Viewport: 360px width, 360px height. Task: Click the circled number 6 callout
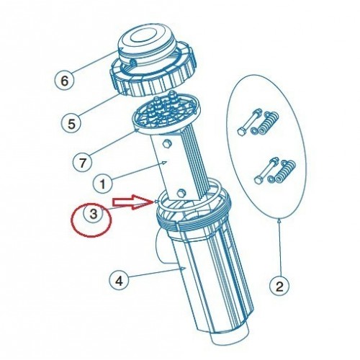[64, 81]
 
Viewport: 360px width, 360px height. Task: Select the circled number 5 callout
[71, 124]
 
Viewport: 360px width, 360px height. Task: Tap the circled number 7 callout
[82, 163]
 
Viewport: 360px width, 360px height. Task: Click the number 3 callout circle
[94, 214]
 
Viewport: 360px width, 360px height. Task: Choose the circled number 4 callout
[119, 280]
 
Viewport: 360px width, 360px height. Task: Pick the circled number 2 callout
[279, 286]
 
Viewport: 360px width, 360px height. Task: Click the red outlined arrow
[133, 201]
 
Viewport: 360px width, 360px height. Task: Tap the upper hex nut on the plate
[166, 144]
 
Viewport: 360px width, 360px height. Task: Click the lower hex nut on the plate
[181, 192]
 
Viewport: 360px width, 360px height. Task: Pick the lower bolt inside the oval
[267, 170]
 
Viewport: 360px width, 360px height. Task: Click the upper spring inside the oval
[271, 122]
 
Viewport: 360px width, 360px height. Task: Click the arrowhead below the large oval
[279, 220]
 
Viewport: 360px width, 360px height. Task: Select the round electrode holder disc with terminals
[167, 114]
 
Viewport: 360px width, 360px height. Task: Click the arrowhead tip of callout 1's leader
[167, 162]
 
